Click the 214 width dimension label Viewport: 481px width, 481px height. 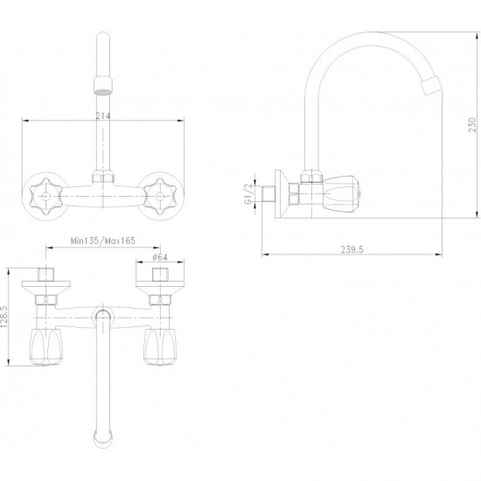[103, 116]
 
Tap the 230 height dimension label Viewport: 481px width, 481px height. [472, 125]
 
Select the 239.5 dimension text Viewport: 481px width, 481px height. [352, 250]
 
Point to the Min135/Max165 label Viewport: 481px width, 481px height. [103, 240]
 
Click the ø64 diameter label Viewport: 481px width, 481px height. [160, 257]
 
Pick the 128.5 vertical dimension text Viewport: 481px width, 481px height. [4, 317]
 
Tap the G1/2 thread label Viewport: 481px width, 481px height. [248, 194]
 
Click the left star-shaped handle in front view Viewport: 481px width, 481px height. [46, 196]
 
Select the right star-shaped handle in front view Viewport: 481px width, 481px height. [160, 196]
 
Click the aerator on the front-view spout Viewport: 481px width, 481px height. [103, 85]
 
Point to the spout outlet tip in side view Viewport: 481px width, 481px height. [432, 86]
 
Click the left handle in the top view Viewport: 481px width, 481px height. [46, 347]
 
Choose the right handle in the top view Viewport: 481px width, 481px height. [160, 347]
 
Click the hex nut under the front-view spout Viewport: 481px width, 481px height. [103, 178]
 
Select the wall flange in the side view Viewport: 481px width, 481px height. [281, 194]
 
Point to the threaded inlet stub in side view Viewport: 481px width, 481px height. [268, 194]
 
